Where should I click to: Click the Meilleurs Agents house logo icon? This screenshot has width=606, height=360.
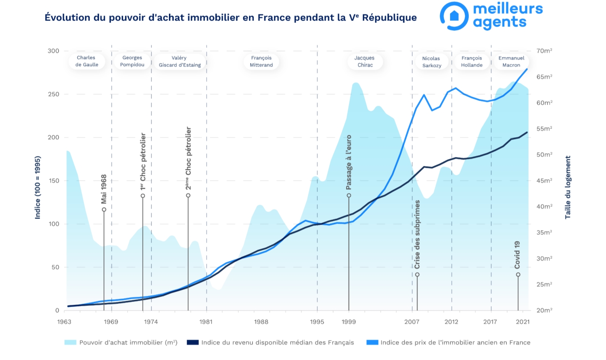coord(454,16)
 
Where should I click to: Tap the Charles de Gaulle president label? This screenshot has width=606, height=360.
coord(86,61)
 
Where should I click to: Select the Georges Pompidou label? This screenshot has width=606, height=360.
coord(132,61)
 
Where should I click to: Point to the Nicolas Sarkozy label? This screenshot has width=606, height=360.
coord(431,62)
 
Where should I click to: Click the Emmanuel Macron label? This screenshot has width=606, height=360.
coord(511,62)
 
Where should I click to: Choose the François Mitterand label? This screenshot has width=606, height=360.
coord(261,62)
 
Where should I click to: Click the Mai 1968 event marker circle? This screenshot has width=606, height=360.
coord(104,210)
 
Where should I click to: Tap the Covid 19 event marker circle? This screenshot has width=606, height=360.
coord(518,275)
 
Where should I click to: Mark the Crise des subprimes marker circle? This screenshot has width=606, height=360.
coord(417,275)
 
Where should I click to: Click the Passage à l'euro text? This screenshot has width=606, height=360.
coord(349,162)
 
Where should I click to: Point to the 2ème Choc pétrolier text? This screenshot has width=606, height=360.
coord(188,158)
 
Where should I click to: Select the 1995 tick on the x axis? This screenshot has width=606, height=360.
coord(317,321)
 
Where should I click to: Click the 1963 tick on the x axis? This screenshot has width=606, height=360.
coord(64,321)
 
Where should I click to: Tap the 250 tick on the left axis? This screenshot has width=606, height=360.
coord(53,94)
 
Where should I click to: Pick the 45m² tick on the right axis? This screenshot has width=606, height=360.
coord(544,181)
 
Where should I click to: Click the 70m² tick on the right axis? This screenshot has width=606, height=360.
coord(544,51)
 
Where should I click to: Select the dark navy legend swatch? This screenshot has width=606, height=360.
coord(193,343)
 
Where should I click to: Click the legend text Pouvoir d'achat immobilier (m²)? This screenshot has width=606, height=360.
coord(128,343)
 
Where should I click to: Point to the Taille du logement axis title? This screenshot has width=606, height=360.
coord(568,187)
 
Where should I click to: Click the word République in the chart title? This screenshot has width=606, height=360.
coord(389,17)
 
